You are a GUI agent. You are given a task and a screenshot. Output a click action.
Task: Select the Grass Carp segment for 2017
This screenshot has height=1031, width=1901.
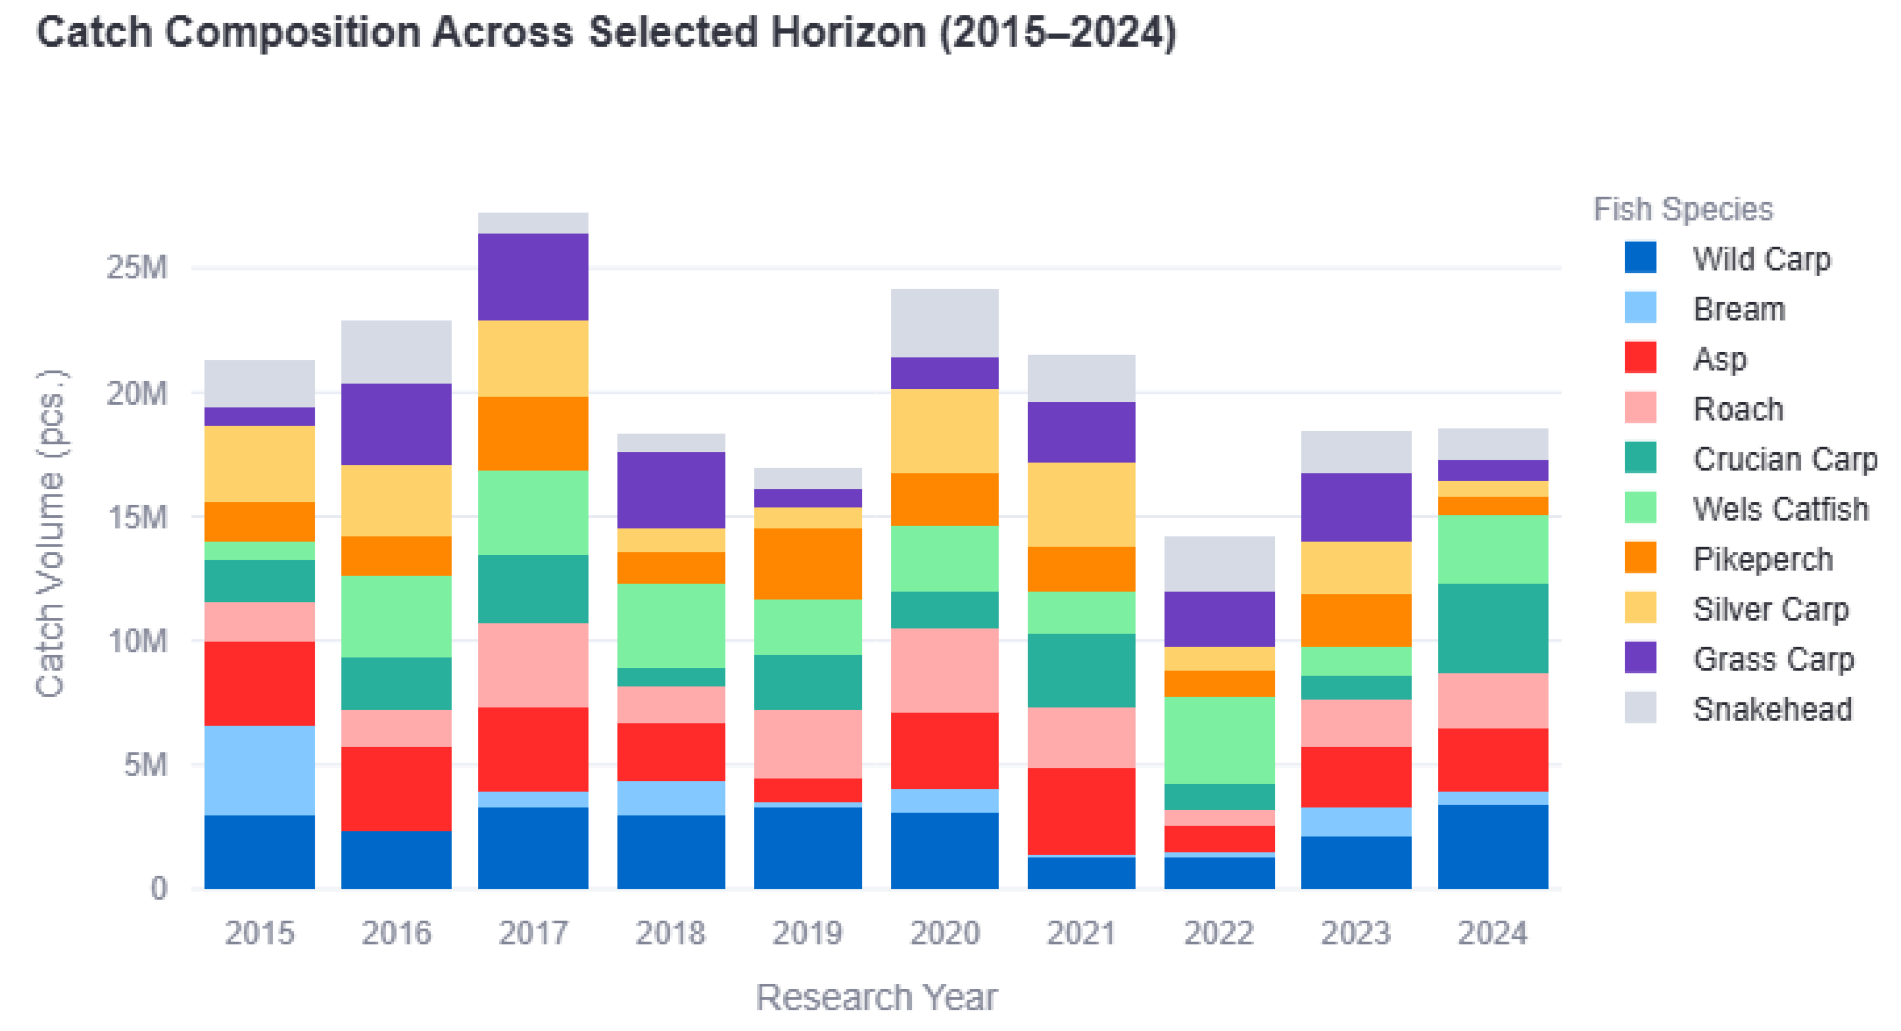(x=533, y=277)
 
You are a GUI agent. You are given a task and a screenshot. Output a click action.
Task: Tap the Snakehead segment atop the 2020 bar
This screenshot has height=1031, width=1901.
(x=945, y=323)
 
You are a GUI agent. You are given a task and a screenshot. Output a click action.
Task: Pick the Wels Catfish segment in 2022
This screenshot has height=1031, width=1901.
(x=1219, y=740)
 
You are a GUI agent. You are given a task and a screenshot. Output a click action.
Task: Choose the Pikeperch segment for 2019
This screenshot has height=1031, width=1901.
(x=807, y=564)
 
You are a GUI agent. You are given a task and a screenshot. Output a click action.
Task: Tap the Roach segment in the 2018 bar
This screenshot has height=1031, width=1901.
(x=671, y=705)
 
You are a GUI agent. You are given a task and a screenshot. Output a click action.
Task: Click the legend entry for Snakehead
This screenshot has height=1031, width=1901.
(x=1738, y=709)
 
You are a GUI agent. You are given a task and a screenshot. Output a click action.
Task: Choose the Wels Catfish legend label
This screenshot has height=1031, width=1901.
(x=1781, y=509)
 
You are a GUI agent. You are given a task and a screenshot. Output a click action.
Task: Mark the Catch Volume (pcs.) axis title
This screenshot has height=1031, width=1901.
(x=51, y=533)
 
